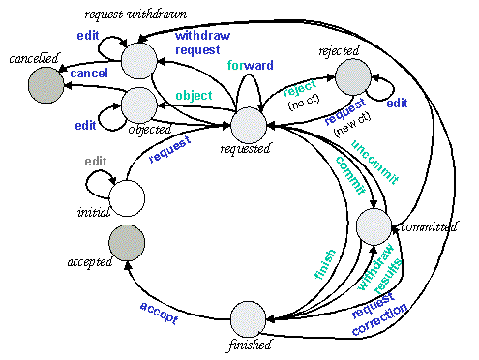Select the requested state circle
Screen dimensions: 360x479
coord(248,126)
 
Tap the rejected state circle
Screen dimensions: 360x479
coord(353,75)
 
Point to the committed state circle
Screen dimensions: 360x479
coord(374,225)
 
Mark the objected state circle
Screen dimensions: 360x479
coord(138,103)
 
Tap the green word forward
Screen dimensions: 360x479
coord(249,66)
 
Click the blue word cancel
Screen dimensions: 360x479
coord(89,74)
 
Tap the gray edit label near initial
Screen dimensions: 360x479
coord(94,161)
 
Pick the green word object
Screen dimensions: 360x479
coord(194,95)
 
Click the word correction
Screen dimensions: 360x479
coord(379,323)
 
